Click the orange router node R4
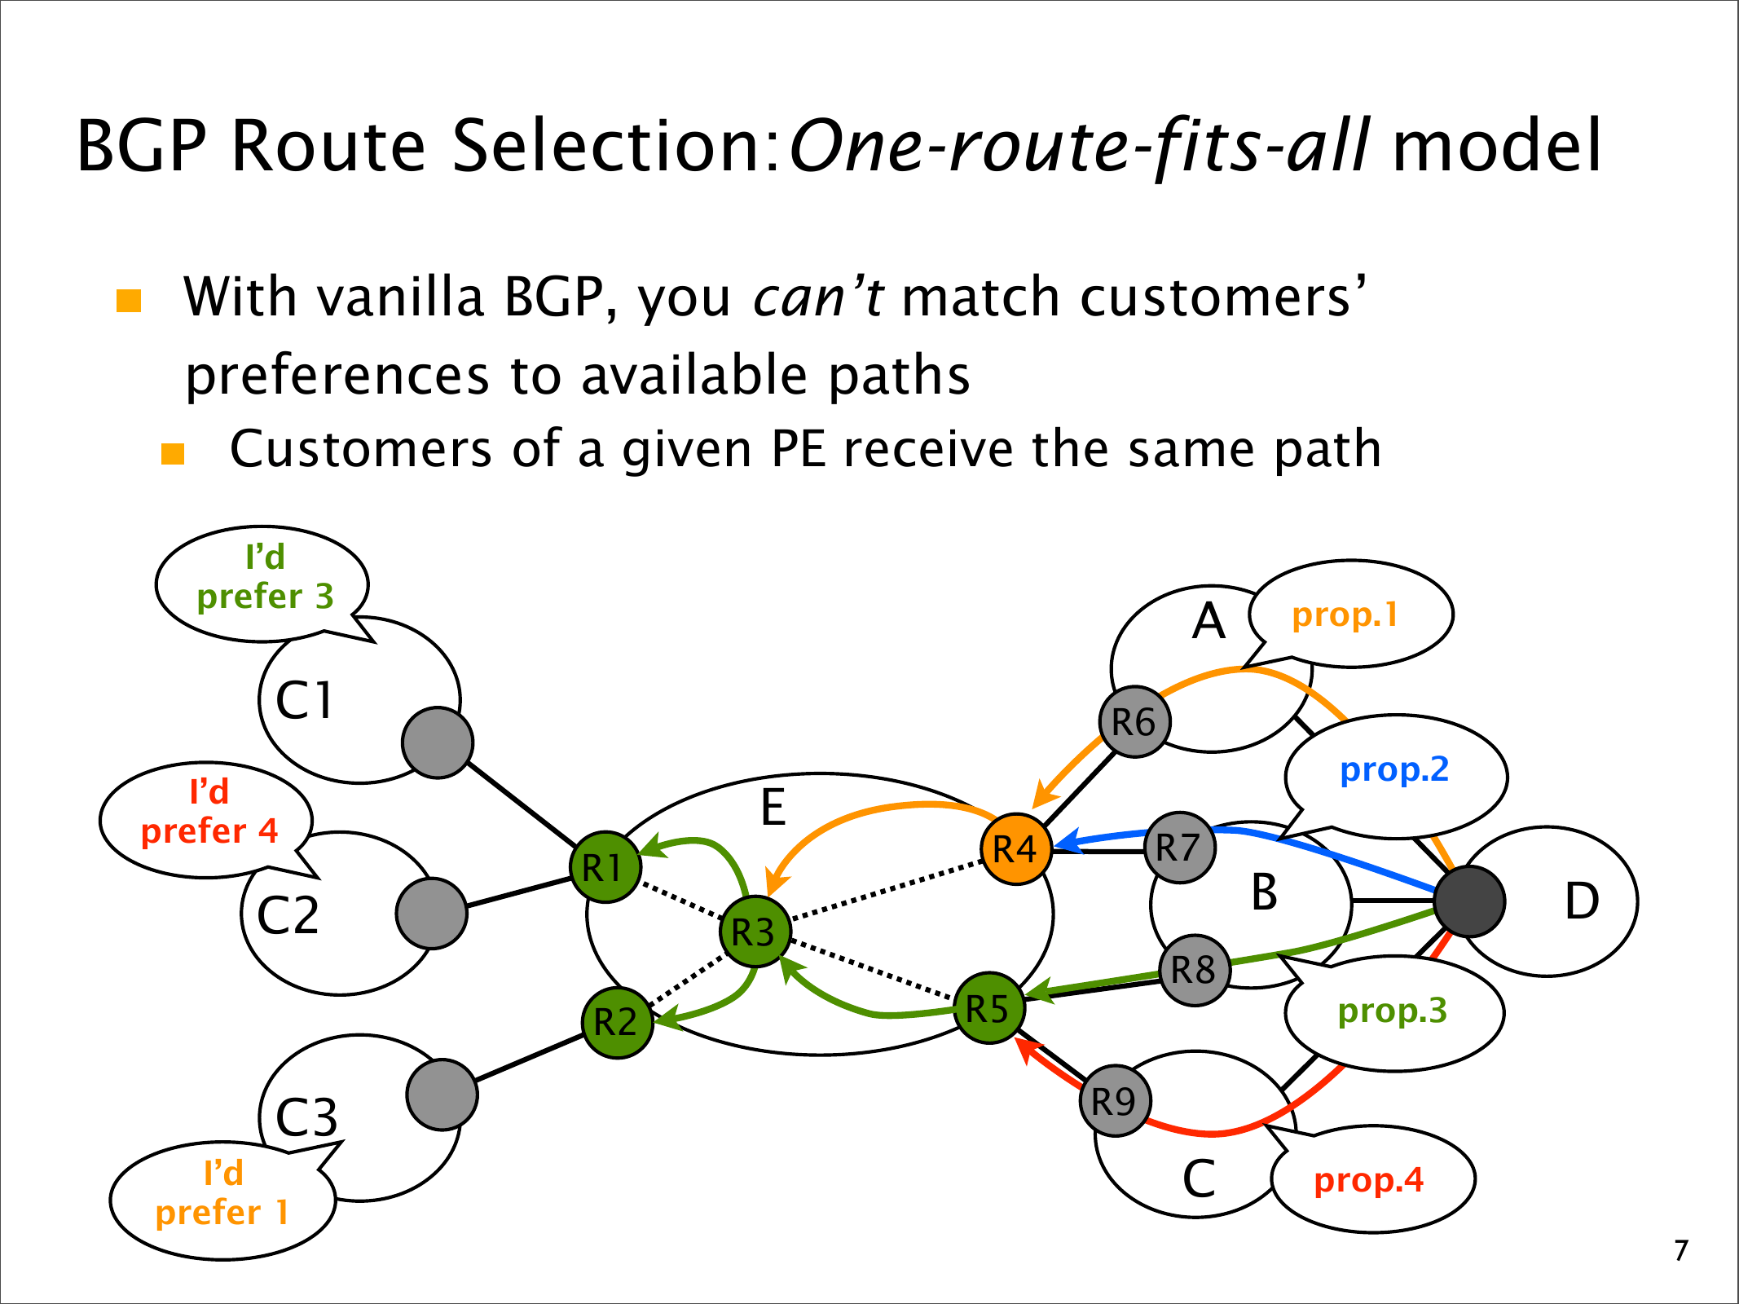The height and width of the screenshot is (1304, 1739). coord(1016,849)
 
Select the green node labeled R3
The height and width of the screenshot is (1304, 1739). coord(755,932)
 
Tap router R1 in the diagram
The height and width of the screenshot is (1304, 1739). coord(605,867)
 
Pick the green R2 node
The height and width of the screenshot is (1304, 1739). coord(618,1022)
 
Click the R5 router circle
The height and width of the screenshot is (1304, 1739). coord(989,1008)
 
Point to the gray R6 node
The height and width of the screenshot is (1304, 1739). coord(1134,721)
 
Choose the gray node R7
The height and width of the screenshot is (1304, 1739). coord(1179,848)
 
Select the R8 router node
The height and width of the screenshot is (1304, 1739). coord(1195,970)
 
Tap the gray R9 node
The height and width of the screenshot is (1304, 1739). coord(1115,1101)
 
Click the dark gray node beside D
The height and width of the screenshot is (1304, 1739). coord(1469,901)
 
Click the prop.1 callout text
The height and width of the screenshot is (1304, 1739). coord(1345,615)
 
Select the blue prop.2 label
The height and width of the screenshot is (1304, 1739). coord(1394,770)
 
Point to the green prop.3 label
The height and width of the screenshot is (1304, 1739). coord(1393,1011)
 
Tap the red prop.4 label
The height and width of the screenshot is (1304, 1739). coord(1369,1180)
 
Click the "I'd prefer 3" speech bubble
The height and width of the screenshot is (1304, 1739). coord(262,585)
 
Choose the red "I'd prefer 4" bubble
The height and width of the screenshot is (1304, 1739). coord(208,820)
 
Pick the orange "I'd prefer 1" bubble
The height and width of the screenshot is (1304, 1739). coord(223,1200)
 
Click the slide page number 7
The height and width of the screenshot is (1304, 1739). coord(1681,1250)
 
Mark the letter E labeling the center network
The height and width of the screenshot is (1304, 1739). coord(773,808)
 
